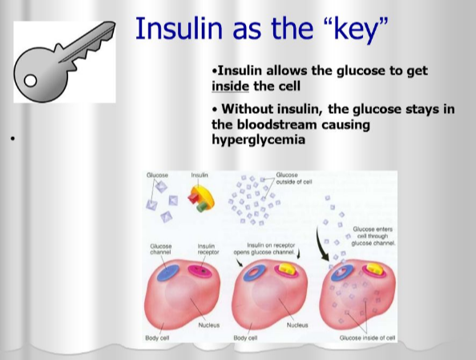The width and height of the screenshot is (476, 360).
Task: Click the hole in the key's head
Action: click(30, 81)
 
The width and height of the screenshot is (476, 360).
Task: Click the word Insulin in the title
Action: click(179, 28)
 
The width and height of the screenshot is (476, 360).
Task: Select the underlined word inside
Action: click(231, 87)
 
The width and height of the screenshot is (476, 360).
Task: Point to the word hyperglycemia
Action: click(258, 140)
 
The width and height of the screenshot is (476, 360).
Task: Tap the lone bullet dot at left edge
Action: click(13, 139)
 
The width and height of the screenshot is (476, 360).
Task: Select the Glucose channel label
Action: click(161, 249)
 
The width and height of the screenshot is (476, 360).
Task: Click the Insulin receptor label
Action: click(208, 249)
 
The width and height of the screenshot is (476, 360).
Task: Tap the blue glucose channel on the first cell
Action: click(168, 273)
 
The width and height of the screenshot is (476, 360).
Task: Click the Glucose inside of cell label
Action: click(367, 338)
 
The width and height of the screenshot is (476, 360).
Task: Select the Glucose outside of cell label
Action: click(294, 178)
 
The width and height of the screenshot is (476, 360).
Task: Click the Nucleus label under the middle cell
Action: click(297, 325)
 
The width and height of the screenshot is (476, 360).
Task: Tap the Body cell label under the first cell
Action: click(157, 338)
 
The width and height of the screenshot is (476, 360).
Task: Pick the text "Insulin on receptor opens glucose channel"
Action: click(264, 249)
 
